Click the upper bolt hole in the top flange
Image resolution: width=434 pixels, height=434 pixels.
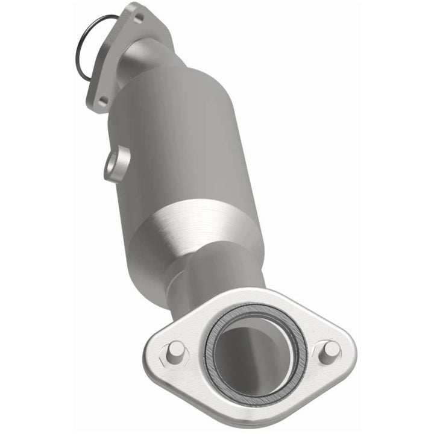click(x=139, y=19)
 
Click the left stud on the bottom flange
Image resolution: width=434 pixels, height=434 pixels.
click(x=174, y=350)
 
